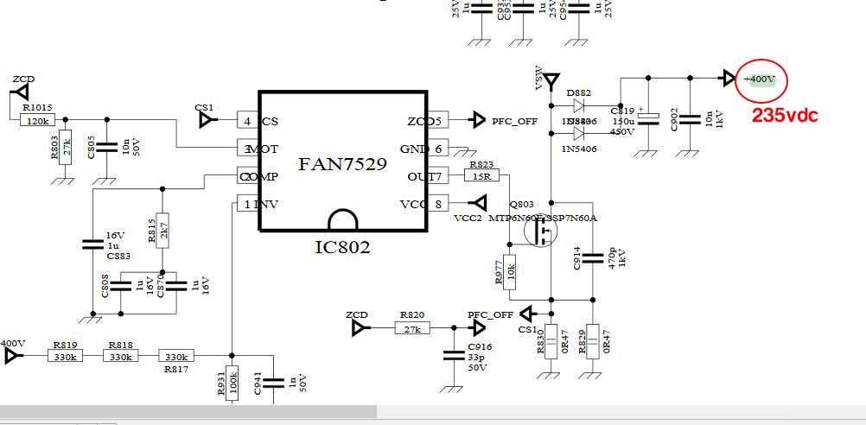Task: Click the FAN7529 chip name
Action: pos(342,163)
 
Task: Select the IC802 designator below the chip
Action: pos(342,248)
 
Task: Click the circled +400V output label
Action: pos(761,79)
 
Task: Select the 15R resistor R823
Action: pos(481,176)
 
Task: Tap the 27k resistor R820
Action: pos(412,328)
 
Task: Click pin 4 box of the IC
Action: pos(247,121)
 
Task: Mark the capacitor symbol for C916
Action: pos(452,355)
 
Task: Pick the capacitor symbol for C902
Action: pos(689,120)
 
